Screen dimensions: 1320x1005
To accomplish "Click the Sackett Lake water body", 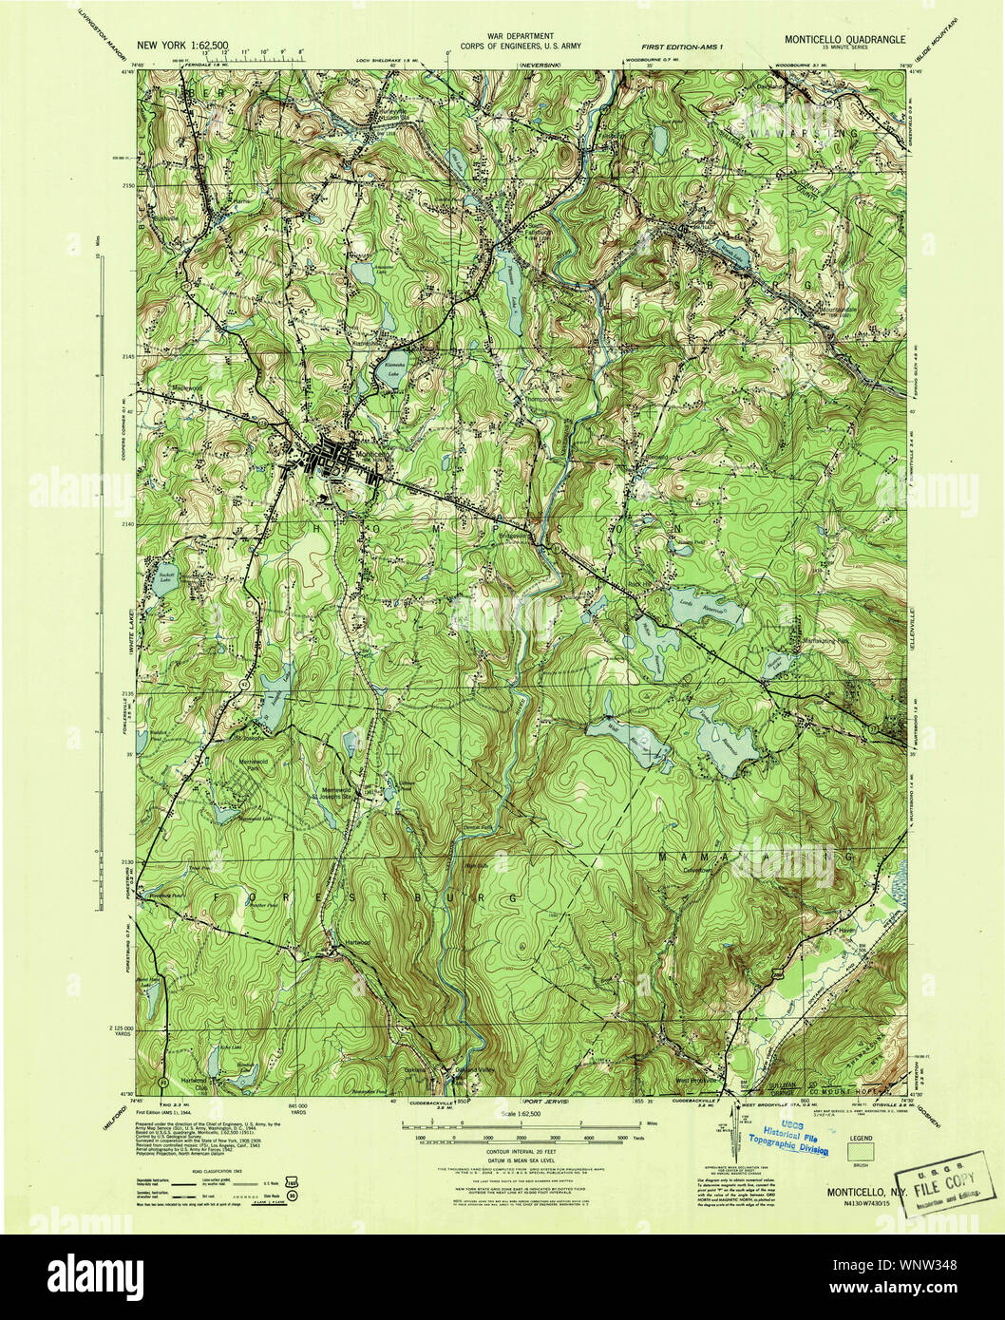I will (x=164, y=578).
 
